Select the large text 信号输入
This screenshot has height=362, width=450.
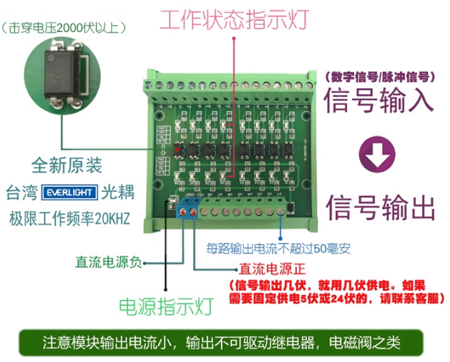point(379,99)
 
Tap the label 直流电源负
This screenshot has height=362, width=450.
point(109,262)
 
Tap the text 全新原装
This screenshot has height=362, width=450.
point(67,166)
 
